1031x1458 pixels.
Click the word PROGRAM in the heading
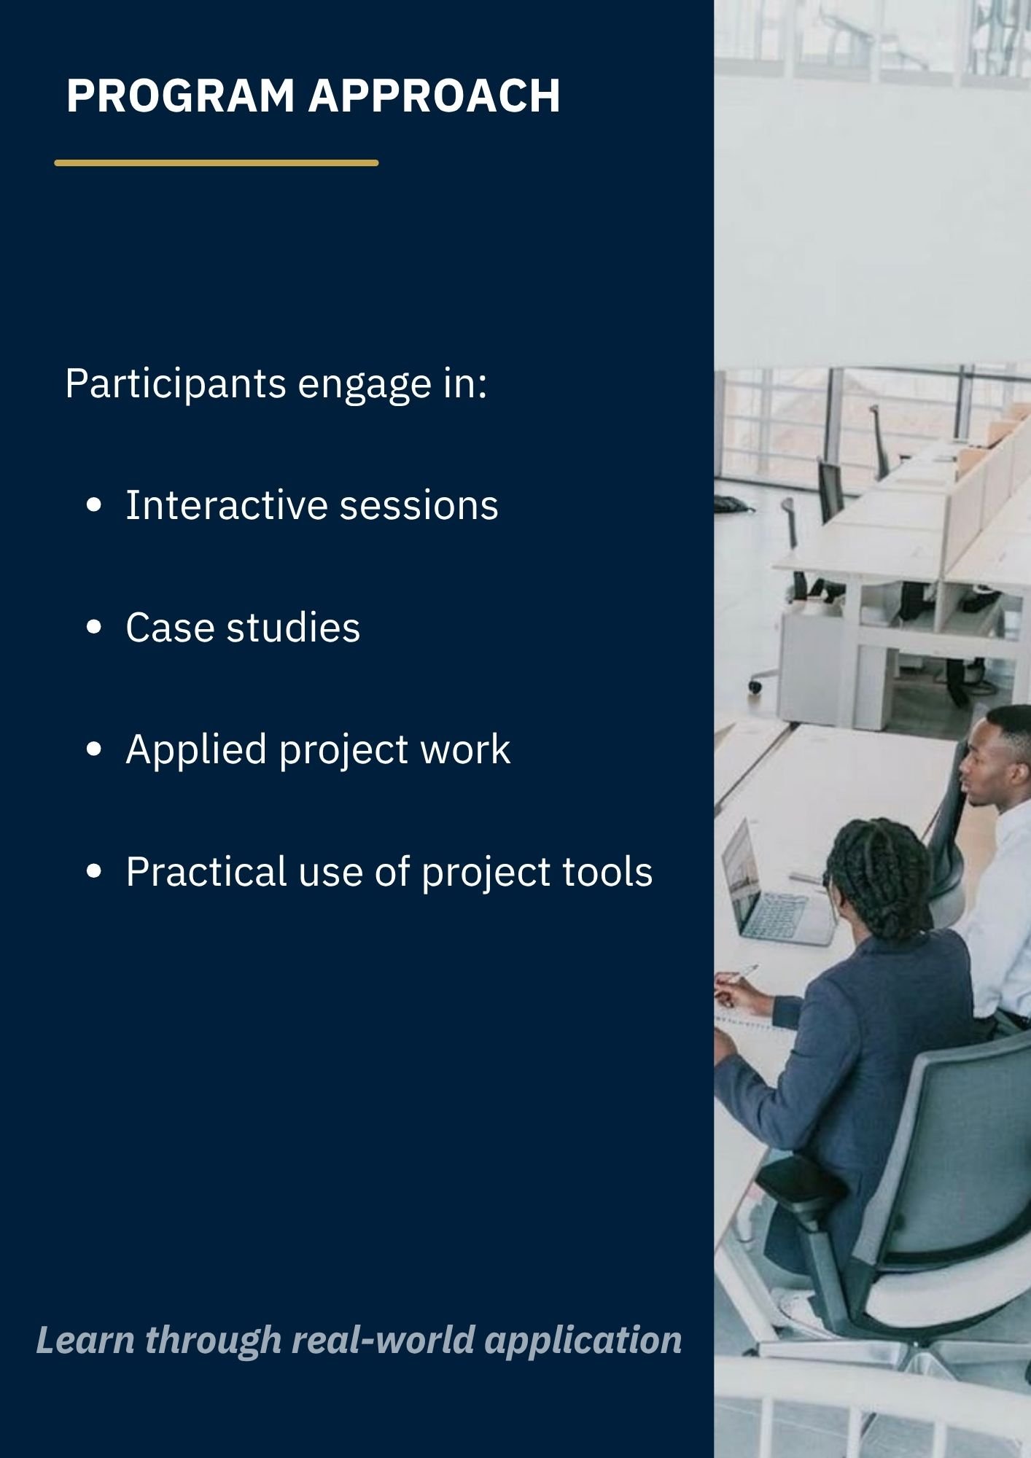coord(180,95)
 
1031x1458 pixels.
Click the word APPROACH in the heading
coord(435,95)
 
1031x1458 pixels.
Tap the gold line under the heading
coord(217,163)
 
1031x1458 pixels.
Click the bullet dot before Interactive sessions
coord(93,506)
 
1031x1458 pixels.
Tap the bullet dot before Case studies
coord(93,628)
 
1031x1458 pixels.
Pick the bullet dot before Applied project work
coord(93,749)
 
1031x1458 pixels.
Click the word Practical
coord(206,871)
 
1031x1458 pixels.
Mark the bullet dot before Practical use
coord(93,872)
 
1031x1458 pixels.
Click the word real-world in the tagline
coord(384,1340)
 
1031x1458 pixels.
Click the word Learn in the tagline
coord(85,1340)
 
